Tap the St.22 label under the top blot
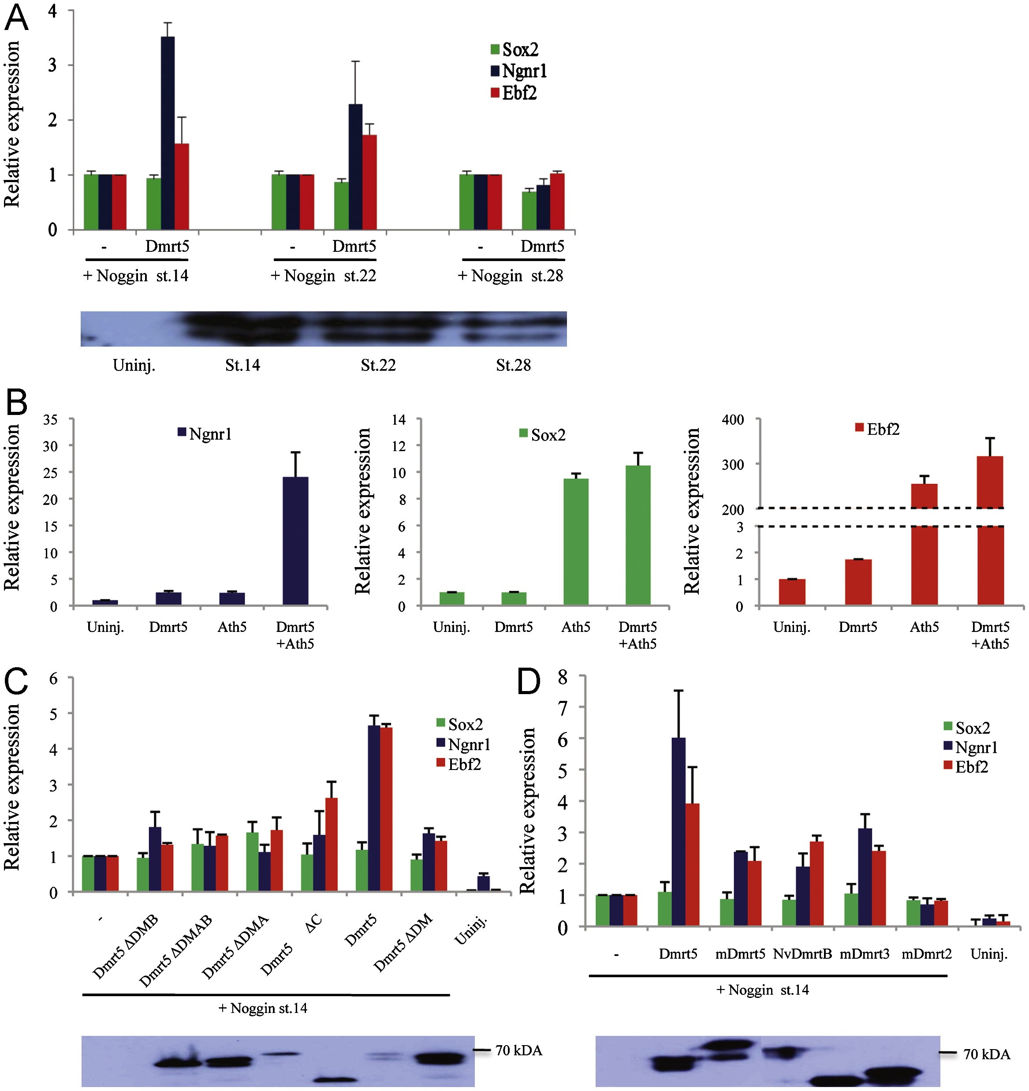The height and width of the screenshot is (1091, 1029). pyautogui.click(x=378, y=365)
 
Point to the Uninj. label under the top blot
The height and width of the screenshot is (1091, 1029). pyautogui.click(x=134, y=365)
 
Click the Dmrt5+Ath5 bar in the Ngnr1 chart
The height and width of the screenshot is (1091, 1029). pyautogui.click(x=295, y=541)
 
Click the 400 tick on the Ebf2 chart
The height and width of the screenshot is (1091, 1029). pyautogui.click(x=732, y=420)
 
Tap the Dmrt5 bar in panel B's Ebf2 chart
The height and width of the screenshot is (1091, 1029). pyautogui.click(x=858, y=582)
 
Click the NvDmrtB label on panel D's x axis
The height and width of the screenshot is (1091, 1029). pyautogui.click(x=802, y=954)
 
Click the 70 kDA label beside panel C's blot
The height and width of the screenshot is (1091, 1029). pyautogui.click(x=518, y=1050)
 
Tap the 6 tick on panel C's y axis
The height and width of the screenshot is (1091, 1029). pyautogui.click(x=53, y=678)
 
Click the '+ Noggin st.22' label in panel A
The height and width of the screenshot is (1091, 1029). pyautogui.click(x=324, y=276)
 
